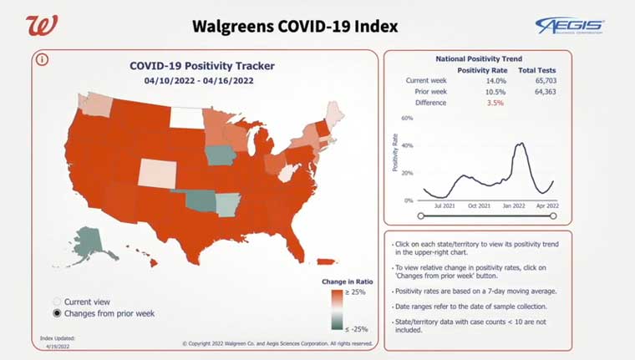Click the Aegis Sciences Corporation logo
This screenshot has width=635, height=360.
pyautogui.click(x=570, y=25)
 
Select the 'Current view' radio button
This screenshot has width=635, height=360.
pyautogui.click(x=57, y=302)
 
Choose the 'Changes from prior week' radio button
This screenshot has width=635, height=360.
pyautogui.click(x=57, y=313)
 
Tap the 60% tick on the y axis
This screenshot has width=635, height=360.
pyautogui.click(x=408, y=119)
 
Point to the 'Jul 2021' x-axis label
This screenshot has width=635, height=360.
pyautogui.click(x=443, y=205)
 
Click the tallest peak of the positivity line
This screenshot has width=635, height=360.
pyautogui.click(x=520, y=144)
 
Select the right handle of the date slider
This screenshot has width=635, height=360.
pyautogui.click(x=554, y=215)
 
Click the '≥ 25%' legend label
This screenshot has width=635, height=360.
pyautogui.click(x=357, y=293)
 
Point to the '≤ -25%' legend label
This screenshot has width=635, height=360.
pyautogui.click(x=357, y=328)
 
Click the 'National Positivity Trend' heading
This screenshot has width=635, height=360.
pyautogui.click(x=479, y=59)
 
